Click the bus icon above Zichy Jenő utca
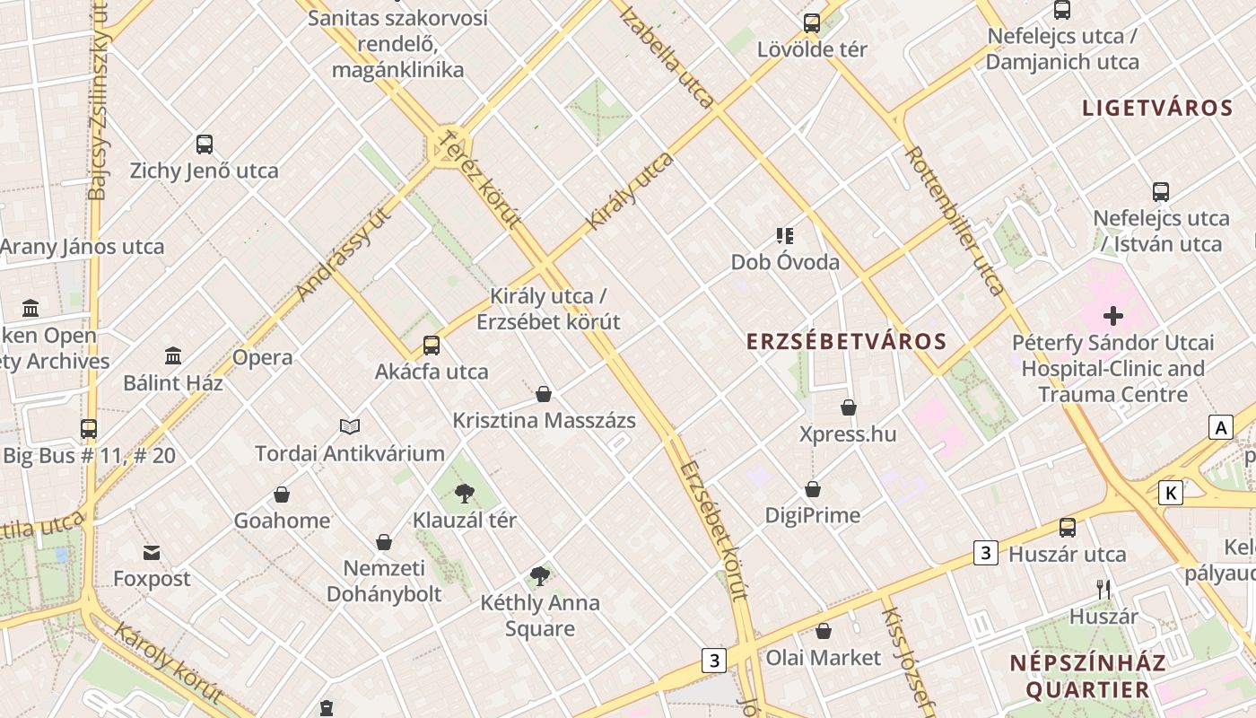pyautogui.click(x=205, y=144)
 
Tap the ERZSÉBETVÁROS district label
pyautogui.click(x=847, y=341)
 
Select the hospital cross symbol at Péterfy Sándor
pyautogui.click(x=1113, y=316)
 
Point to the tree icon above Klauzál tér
pyautogui.click(x=464, y=492)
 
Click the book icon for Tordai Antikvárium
pyautogui.click(x=350, y=426)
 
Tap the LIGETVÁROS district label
pyautogui.click(x=1157, y=109)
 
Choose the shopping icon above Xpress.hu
pyautogui.click(x=848, y=407)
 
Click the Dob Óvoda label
pyautogui.click(x=785, y=262)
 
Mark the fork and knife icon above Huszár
pyautogui.click(x=1103, y=590)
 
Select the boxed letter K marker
pyautogui.click(x=1171, y=493)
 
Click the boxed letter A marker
pyautogui.click(x=1220, y=428)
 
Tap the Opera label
pyautogui.click(x=262, y=357)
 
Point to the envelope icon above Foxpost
pyautogui.click(x=151, y=552)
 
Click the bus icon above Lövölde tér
pyautogui.click(x=812, y=22)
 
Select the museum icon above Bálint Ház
pyautogui.click(x=173, y=355)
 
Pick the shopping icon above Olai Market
pyautogui.click(x=823, y=631)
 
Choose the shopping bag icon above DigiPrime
pyautogui.click(x=812, y=489)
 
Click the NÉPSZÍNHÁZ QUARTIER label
pyautogui.click(x=1087, y=676)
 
